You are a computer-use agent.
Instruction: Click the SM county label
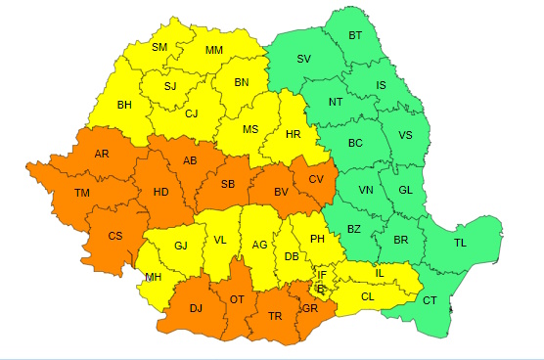click(159, 48)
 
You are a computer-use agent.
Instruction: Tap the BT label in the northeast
click(356, 37)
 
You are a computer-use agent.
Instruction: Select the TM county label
click(82, 194)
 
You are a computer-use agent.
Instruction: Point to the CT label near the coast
click(430, 300)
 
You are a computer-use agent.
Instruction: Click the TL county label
click(460, 242)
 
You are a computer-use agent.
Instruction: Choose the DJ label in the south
click(196, 308)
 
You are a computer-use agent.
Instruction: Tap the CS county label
click(115, 236)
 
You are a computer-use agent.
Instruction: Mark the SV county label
click(303, 60)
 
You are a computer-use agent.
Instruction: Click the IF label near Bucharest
click(322, 276)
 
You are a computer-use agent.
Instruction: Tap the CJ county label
click(193, 113)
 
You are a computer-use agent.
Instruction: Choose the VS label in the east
click(405, 135)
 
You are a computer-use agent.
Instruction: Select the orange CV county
click(316, 180)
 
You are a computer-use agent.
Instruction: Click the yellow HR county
click(291, 133)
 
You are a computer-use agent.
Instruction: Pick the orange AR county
click(102, 155)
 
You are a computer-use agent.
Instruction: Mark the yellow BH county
click(124, 105)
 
